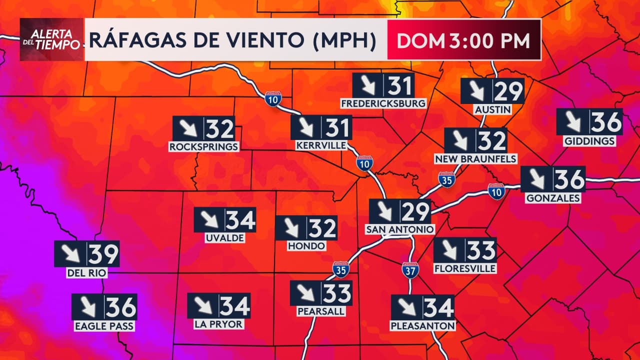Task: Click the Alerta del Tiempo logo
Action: pos(51,39)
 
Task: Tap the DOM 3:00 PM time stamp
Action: pos(463,40)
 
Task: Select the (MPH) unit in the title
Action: pos(345,40)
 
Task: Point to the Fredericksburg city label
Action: pos(383,103)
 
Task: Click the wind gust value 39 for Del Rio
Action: pos(104,254)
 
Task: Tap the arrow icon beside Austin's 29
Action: pos(476,91)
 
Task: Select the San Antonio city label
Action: pos(400,229)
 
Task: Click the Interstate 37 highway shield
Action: pos(410,269)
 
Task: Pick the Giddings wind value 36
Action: pos(606,121)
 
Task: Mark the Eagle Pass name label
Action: pos(104,326)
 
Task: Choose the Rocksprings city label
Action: pos(204,146)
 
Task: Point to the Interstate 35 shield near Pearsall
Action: pos(341,269)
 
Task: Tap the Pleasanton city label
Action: pos(423,326)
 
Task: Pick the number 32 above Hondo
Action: pos(321,228)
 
